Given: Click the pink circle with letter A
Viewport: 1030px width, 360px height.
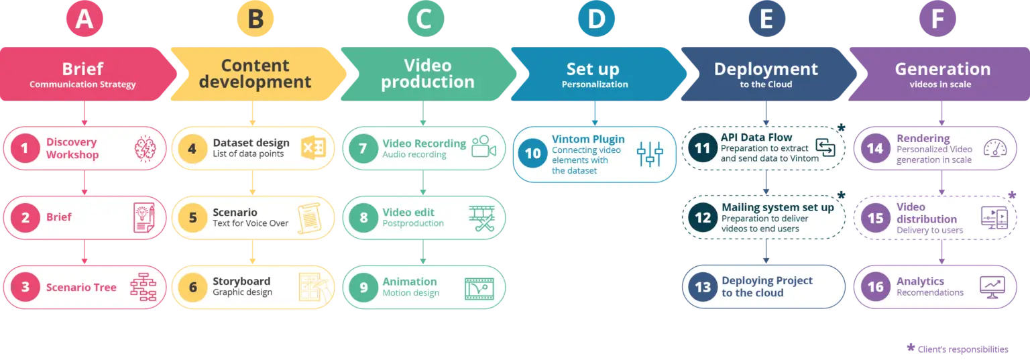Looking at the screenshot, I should point(84,19).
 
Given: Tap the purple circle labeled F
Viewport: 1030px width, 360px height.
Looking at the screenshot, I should point(937,19).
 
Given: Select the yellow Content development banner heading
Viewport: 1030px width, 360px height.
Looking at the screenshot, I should point(255,74).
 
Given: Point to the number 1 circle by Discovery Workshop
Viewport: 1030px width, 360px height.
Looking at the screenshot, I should point(25,148).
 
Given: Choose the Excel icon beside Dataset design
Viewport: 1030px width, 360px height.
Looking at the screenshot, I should point(313,148).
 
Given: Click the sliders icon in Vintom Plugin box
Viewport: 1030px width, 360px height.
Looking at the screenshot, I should point(650,154).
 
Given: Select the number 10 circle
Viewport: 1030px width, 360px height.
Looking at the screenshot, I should point(532,154).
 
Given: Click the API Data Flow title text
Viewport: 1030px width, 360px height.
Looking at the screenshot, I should point(756,137).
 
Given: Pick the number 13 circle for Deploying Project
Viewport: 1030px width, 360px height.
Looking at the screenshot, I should point(703,287).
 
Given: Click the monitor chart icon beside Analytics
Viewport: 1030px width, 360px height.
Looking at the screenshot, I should point(992,287).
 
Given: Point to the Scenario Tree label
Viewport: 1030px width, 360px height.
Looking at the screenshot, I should point(81,288).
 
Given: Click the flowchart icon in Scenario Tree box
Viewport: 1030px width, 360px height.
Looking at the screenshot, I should point(143,287).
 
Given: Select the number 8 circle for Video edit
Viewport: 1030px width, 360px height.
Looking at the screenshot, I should point(363,218).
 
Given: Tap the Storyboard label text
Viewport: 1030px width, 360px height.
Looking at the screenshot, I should point(241,281).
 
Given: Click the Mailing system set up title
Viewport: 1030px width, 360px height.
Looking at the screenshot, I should point(778,207).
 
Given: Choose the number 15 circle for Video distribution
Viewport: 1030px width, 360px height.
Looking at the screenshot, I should point(875,219).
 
